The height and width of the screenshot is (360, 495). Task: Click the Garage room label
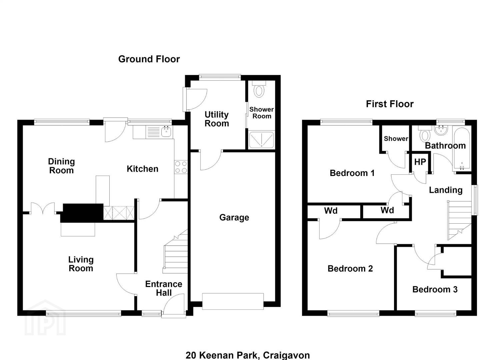(234, 218)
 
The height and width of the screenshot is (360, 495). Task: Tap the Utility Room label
(217, 119)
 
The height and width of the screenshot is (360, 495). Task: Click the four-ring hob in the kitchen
(181, 167)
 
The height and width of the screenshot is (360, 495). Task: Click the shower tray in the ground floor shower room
(261, 140)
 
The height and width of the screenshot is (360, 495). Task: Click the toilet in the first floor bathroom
(425, 134)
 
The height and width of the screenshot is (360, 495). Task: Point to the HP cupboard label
(420, 162)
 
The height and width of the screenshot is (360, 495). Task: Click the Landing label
(445, 190)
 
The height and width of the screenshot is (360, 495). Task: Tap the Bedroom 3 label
(435, 289)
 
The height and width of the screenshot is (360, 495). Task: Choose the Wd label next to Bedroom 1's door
(387, 210)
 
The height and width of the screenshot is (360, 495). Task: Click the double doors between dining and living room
(43, 208)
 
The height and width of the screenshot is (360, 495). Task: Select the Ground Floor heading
(149, 59)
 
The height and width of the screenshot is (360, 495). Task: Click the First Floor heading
(390, 104)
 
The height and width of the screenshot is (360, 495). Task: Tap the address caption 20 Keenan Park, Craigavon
(247, 355)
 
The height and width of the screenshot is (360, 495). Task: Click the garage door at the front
(233, 301)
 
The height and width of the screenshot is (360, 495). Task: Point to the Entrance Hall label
(164, 288)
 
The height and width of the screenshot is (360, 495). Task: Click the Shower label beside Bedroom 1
(396, 139)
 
